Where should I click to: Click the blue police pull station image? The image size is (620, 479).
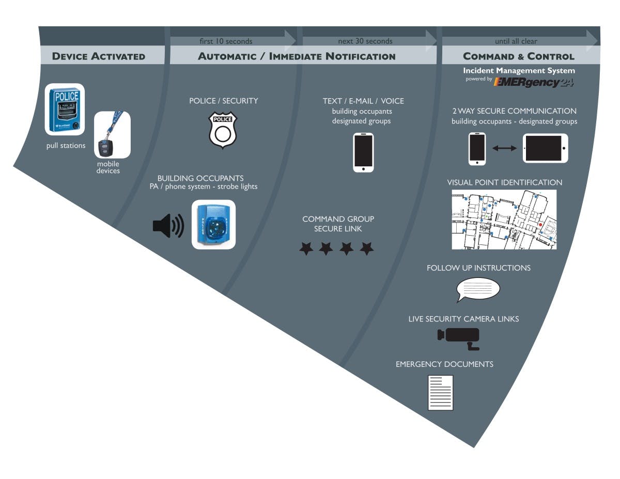(x=65, y=110)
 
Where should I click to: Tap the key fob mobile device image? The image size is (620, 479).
(x=112, y=135)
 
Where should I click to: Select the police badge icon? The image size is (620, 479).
(x=223, y=131)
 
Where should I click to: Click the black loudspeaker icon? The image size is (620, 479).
(x=168, y=226)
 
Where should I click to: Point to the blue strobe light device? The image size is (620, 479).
(x=213, y=225)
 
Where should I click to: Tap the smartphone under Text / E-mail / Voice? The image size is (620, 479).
(x=363, y=152)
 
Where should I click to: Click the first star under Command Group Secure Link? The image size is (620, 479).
(x=306, y=249)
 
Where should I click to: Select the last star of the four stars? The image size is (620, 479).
(x=367, y=249)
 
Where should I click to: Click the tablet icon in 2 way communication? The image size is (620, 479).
(x=545, y=148)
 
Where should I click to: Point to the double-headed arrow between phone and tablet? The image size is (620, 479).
(x=504, y=148)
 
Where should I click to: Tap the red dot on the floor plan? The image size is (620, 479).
(x=540, y=225)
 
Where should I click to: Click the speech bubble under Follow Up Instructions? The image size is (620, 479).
(x=478, y=289)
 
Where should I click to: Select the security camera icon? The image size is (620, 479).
(x=459, y=336)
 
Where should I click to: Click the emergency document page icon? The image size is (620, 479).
(x=440, y=393)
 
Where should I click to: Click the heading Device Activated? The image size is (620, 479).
(x=99, y=56)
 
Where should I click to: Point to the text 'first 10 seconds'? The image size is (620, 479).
(x=226, y=41)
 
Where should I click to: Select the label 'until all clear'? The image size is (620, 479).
(x=516, y=41)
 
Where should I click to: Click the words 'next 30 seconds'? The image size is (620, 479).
(x=365, y=41)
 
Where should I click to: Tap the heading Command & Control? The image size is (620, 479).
(x=518, y=56)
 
